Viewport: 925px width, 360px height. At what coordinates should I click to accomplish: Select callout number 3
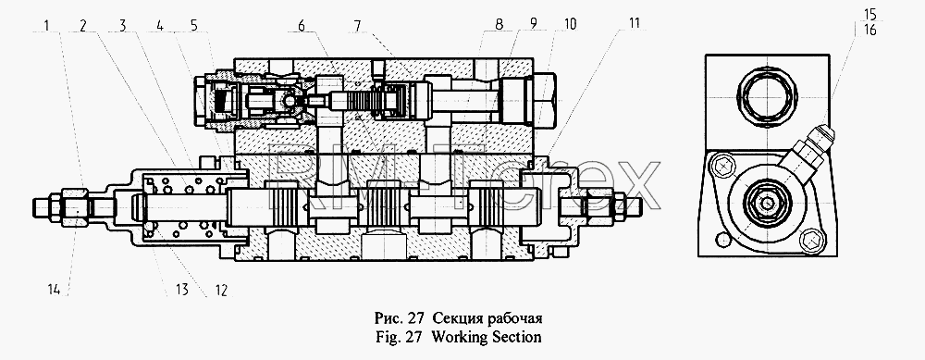(123, 25)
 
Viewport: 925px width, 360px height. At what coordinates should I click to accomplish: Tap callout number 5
(194, 25)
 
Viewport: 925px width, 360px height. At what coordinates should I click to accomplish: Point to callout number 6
(302, 25)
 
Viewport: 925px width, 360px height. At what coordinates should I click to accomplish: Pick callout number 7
(357, 25)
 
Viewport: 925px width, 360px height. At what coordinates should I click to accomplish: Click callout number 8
(499, 25)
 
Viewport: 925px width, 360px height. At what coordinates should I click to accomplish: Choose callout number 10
(571, 25)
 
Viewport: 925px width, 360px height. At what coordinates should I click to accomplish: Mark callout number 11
(633, 25)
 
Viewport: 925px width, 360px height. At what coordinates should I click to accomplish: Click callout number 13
(181, 291)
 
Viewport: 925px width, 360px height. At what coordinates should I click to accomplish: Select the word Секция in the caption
(453, 319)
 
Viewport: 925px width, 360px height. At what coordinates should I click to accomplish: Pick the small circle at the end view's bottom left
(721, 239)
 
